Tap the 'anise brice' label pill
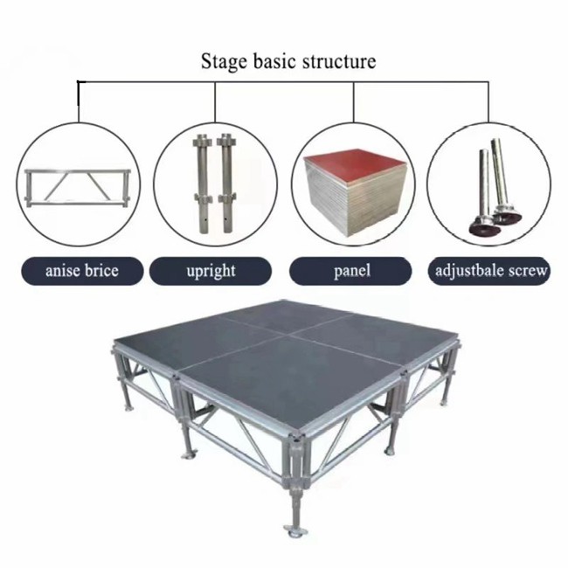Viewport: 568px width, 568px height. (x=82, y=271)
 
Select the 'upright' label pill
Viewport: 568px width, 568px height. (x=211, y=271)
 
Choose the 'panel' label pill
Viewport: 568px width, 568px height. (x=350, y=271)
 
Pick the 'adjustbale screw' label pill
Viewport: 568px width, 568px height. (x=489, y=271)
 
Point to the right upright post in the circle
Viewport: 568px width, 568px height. (x=226, y=184)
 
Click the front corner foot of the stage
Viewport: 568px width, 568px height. (x=296, y=531)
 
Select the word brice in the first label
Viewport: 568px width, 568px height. (x=101, y=271)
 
